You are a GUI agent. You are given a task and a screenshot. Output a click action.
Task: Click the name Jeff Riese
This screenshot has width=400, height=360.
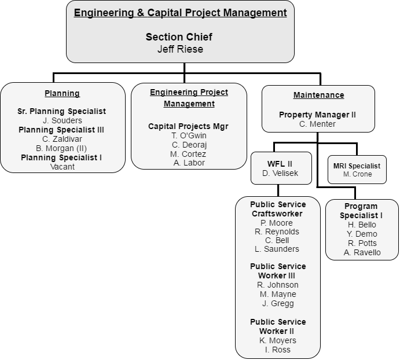tap(180, 49)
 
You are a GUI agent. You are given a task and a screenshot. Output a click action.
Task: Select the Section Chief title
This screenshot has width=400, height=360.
tap(179, 37)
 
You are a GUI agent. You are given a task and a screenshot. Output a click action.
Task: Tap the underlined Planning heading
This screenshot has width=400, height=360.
tap(63, 93)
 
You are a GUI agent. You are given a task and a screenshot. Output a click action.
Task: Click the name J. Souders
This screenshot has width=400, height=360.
tap(63, 120)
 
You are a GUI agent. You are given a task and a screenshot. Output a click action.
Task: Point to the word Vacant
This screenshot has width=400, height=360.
tap(63, 167)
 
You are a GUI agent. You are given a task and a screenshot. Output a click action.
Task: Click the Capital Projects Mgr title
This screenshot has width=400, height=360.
tap(188, 126)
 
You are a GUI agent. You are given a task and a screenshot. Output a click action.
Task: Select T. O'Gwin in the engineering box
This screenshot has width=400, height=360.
tap(189, 135)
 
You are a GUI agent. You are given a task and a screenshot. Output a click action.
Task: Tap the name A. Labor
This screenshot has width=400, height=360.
tap(189, 163)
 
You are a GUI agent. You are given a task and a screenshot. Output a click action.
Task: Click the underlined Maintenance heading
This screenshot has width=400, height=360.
tap(318, 95)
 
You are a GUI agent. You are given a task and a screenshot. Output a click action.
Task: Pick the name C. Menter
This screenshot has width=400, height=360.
tap(317, 124)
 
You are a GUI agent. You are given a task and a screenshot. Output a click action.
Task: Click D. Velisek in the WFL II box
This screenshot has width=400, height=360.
tap(281, 173)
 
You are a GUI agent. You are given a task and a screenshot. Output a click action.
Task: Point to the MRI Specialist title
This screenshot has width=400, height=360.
tap(357, 166)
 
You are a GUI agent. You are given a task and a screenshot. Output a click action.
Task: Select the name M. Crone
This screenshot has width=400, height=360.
tap(357, 174)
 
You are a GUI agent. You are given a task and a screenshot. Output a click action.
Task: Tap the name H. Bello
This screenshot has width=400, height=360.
tap(362, 225)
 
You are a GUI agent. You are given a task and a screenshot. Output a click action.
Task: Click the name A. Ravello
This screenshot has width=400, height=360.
tap(362, 252)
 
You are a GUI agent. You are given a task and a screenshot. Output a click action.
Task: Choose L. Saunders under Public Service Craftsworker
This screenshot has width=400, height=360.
tap(277, 249)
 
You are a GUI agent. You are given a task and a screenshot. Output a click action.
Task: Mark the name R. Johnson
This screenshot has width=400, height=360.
tap(278, 285)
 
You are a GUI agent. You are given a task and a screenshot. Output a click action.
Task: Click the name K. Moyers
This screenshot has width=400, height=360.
tap(278, 340)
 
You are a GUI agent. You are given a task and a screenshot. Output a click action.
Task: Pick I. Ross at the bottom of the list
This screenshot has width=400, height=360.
tap(278, 350)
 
